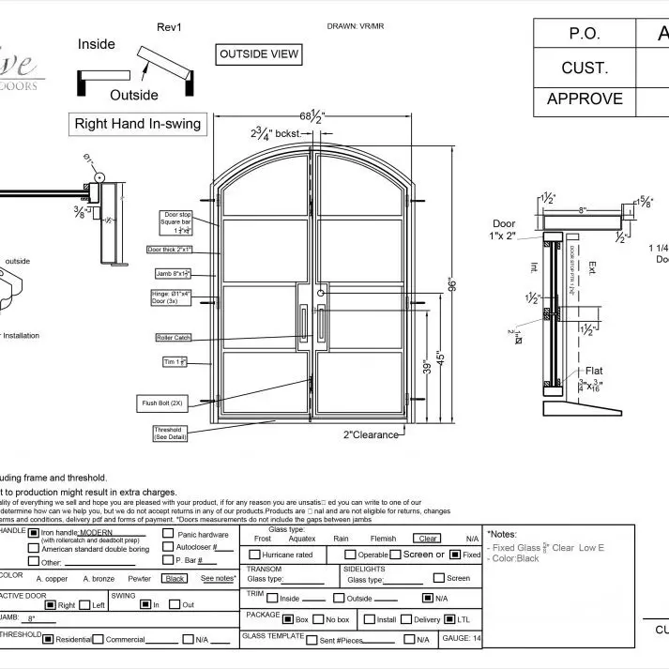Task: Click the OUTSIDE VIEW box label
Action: [x=259, y=54]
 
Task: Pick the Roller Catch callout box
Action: [x=175, y=337]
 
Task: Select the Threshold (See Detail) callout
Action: [x=168, y=433]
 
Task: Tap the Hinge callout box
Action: [x=173, y=296]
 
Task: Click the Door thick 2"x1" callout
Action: [x=170, y=250]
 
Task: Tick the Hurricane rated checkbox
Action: [x=253, y=555]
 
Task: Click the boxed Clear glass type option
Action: [x=428, y=539]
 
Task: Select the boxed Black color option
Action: [x=174, y=579]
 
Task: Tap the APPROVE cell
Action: [x=585, y=99]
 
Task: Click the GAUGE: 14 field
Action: [x=461, y=638]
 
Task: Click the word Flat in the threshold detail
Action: [x=594, y=370]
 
